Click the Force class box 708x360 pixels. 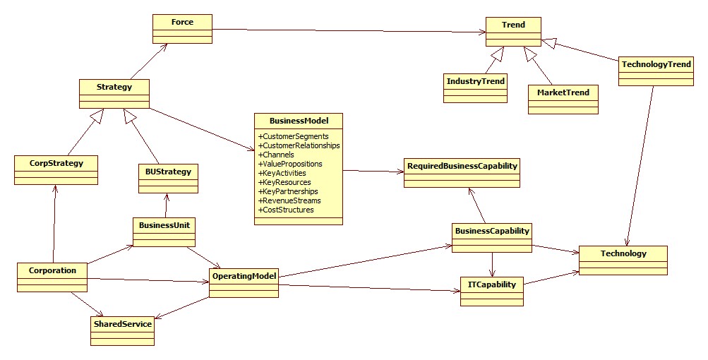182,29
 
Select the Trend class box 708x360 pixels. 513,32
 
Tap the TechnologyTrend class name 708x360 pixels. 656,64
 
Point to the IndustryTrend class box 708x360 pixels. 476,88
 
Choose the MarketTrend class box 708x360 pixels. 563,100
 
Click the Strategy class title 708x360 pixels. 114,87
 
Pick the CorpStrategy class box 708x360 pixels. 56,170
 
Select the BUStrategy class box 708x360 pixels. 168,179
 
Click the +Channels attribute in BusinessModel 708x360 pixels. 276,155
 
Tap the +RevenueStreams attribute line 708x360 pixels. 289,200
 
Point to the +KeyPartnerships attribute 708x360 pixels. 287,191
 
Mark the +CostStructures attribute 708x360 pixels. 286,210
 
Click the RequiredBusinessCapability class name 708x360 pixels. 462,166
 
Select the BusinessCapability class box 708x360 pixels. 492,238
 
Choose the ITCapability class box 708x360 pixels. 492,292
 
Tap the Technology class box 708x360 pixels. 623,260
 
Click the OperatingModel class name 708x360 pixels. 244,275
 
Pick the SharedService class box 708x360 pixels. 122,331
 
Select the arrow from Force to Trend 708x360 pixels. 349,31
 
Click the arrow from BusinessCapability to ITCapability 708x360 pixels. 492,265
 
